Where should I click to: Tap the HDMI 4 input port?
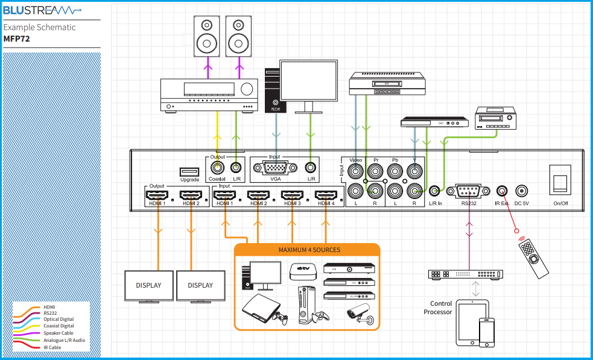pos(326,195)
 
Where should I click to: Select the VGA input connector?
pos(274,168)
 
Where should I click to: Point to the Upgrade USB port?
pos(189,171)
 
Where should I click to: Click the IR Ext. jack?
pos(501,191)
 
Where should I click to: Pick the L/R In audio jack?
pos(435,191)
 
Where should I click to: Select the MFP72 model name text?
pos(16,39)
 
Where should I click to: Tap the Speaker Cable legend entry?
pos(58,333)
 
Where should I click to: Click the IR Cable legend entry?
pos(52,347)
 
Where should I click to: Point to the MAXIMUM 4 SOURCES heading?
pos(309,250)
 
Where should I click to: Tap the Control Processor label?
pos(441,308)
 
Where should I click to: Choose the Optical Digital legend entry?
pos(59,319)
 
